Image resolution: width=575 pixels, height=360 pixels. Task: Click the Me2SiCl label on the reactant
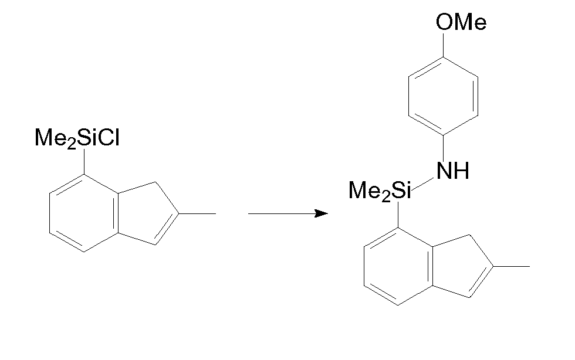point(77,138)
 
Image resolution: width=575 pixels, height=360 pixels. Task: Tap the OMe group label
point(461,22)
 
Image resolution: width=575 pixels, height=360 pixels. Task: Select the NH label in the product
point(453,171)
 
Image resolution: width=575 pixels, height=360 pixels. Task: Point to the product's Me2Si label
point(380,191)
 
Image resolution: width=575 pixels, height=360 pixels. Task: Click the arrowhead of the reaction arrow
point(322,213)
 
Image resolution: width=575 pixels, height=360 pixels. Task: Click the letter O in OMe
point(444,22)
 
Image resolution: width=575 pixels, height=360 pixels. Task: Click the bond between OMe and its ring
point(444,45)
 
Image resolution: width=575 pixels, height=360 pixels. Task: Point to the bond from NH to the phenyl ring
point(444,148)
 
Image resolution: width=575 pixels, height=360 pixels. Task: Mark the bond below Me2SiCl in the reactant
point(84,161)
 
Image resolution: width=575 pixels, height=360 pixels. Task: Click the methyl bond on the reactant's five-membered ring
point(197,213)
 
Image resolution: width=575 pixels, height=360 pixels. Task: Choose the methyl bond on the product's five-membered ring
point(511,266)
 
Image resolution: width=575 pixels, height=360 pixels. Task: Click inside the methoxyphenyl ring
point(444,96)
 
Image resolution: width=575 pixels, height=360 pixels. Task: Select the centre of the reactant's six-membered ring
point(84,213)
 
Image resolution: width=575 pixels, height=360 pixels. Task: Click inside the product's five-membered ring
point(458,266)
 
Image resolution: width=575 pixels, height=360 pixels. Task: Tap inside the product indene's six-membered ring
point(398,266)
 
